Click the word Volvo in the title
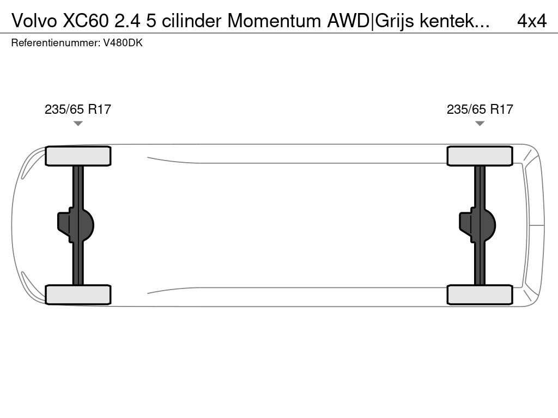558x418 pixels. coord(34,21)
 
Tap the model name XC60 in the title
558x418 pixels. coord(86,21)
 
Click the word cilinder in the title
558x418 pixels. coord(192,21)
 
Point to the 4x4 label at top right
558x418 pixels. coord(532,21)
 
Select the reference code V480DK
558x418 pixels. coord(123,43)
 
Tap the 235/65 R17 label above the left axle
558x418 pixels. coord(78,109)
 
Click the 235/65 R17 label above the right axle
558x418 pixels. coord(480,109)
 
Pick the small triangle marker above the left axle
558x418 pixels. coord(78,124)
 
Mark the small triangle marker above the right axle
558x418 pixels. coord(480,124)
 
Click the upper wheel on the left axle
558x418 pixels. coord(78,156)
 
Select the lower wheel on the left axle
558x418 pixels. coord(78,294)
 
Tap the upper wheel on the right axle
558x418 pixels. coord(480,156)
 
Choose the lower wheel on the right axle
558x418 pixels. coord(480,294)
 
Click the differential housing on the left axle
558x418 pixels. coord(76,225)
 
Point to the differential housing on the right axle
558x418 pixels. coord(477,225)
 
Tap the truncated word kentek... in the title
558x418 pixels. coord(454,21)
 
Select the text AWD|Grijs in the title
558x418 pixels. coord(371,21)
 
